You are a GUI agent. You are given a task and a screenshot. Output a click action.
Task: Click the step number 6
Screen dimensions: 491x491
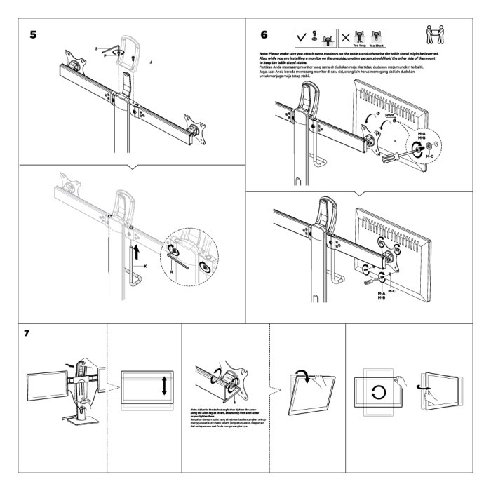pyautogui.click(x=264, y=34)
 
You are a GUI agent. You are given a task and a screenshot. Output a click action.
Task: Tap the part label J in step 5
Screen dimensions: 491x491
pyautogui.click(x=149, y=62)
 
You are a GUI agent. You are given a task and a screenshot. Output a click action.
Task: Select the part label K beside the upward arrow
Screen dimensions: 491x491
pyautogui.click(x=146, y=267)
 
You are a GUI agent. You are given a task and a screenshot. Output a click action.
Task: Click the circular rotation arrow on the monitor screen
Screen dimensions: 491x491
pyautogui.click(x=378, y=391)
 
